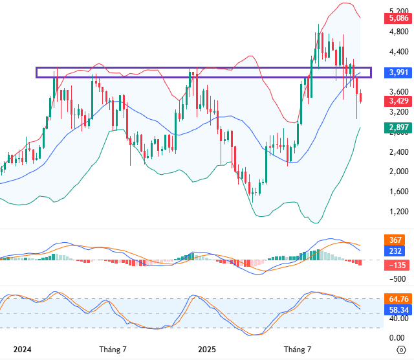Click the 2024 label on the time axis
click(22, 350)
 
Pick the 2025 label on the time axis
click(206, 350)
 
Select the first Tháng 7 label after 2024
click(113, 350)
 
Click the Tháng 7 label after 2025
click(298, 350)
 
